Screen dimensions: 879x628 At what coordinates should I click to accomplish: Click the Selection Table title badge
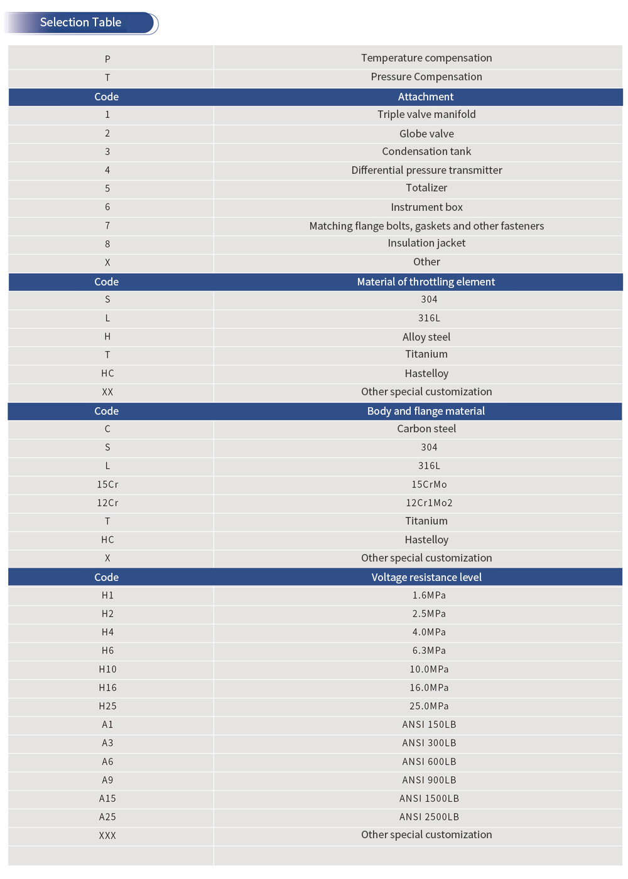[x=81, y=23]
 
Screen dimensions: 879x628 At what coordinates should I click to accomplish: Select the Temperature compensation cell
[x=426, y=58]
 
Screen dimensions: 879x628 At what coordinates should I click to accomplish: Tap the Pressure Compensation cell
[x=426, y=77]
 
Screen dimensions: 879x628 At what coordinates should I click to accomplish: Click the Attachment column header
[x=425, y=97]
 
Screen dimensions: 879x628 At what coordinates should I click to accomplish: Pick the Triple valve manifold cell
[x=426, y=114]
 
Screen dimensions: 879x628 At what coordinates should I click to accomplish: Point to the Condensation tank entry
[x=426, y=151]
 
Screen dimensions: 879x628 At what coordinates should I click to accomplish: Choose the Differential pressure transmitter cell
[x=426, y=170]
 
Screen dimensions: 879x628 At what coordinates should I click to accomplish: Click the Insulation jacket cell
[x=426, y=243]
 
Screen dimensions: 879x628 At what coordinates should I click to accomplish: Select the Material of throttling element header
[x=426, y=282]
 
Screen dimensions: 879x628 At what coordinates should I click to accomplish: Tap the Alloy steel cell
[x=426, y=337]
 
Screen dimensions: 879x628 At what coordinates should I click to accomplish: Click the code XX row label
[x=107, y=392]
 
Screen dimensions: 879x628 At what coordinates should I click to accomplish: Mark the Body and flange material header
[x=426, y=411]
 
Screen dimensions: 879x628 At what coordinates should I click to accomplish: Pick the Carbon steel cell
[x=426, y=429]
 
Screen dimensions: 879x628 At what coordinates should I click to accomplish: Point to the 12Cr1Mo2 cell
[x=429, y=503]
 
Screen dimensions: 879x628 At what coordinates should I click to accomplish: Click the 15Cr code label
[x=107, y=484]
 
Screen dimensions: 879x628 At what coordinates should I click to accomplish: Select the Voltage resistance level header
[x=426, y=577]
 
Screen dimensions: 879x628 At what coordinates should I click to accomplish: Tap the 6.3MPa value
[x=429, y=651]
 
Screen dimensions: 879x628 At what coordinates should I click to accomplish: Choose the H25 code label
[x=107, y=706]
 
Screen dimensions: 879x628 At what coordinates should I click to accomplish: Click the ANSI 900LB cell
[x=429, y=780]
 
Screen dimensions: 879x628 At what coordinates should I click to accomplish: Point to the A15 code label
[x=107, y=799]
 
